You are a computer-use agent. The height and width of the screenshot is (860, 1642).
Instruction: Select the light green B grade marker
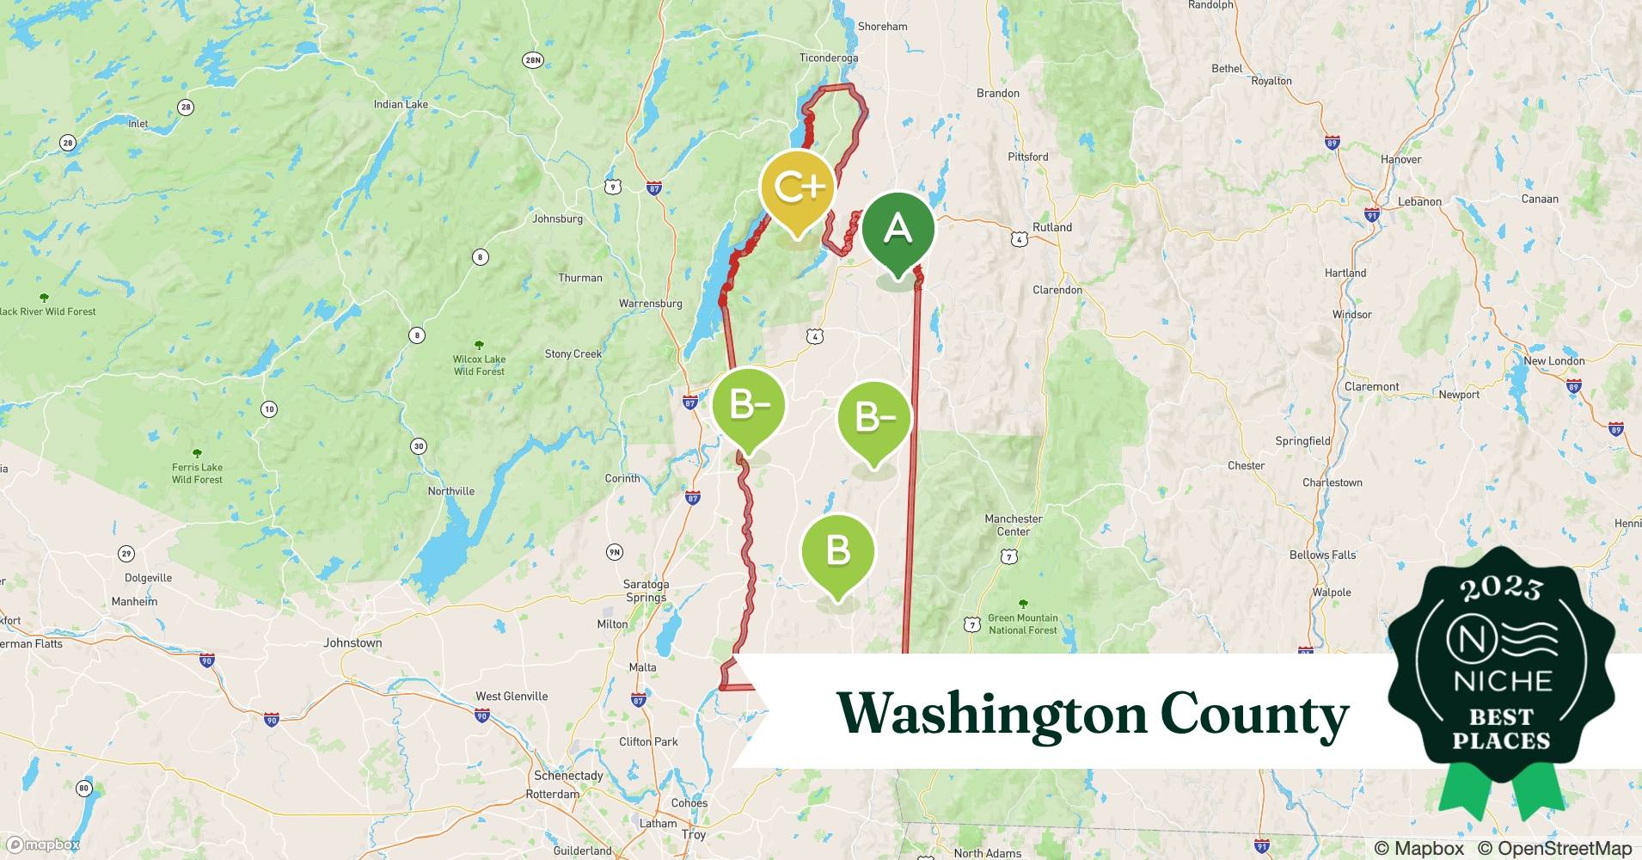[x=837, y=550]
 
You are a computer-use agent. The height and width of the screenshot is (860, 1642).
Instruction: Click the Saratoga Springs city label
[x=646, y=591]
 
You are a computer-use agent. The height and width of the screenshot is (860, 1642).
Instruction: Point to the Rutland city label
[x=1052, y=227]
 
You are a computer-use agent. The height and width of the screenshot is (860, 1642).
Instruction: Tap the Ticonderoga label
[x=828, y=58]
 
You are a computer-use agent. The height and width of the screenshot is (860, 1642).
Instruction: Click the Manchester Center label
[x=1013, y=525]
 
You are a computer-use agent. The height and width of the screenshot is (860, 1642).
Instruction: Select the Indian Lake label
[x=401, y=104]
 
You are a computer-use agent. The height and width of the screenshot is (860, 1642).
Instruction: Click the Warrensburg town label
[x=650, y=304]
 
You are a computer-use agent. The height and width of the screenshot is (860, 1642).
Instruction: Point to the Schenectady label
[x=568, y=775]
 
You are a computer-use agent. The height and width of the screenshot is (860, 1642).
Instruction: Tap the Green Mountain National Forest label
[x=1022, y=623]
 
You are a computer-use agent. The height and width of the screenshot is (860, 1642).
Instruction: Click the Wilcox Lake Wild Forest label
[x=479, y=365]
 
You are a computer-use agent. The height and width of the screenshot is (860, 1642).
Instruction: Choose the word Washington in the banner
[x=991, y=714]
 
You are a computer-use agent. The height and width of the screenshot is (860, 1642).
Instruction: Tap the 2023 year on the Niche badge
[x=1501, y=588]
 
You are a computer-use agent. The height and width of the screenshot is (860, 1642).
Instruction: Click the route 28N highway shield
[x=533, y=59]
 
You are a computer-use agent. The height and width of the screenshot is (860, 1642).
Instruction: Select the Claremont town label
[x=1371, y=386]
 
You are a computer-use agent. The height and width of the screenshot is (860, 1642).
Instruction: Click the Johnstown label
[x=352, y=642]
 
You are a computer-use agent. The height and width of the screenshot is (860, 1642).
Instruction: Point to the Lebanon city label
[x=1419, y=201]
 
